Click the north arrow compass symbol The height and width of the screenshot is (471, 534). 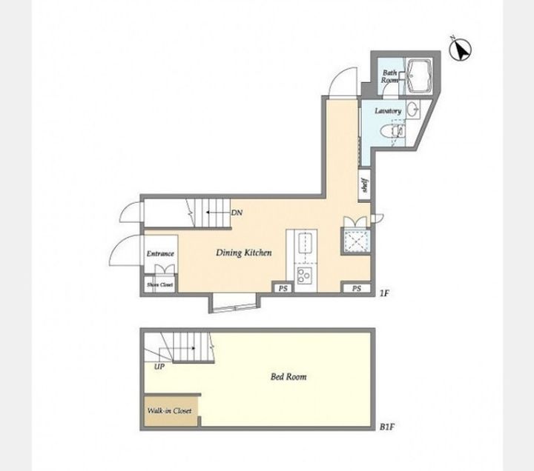(x=460, y=50)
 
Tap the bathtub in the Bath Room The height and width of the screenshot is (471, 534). (x=419, y=76)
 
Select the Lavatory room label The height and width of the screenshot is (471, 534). (x=388, y=111)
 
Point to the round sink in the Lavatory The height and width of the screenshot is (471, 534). (x=413, y=109)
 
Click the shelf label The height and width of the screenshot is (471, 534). (x=364, y=185)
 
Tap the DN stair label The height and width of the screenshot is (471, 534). (x=237, y=213)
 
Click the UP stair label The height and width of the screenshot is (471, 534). (x=159, y=367)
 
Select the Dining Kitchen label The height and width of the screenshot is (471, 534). (x=244, y=253)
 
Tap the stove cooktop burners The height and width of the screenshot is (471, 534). (x=305, y=275)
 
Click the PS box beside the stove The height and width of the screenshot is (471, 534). (x=283, y=288)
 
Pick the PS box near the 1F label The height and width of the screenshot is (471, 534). (x=356, y=288)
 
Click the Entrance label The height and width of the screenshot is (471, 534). (x=160, y=254)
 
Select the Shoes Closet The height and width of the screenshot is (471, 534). (x=159, y=285)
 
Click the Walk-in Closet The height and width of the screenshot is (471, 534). (x=171, y=410)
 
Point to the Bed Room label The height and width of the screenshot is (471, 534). (x=289, y=376)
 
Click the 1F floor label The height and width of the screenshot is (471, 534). (x=384, y=293)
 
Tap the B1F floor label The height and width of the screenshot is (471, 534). (x=387, y=427)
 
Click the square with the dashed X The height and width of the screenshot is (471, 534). (x=356, y=241)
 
